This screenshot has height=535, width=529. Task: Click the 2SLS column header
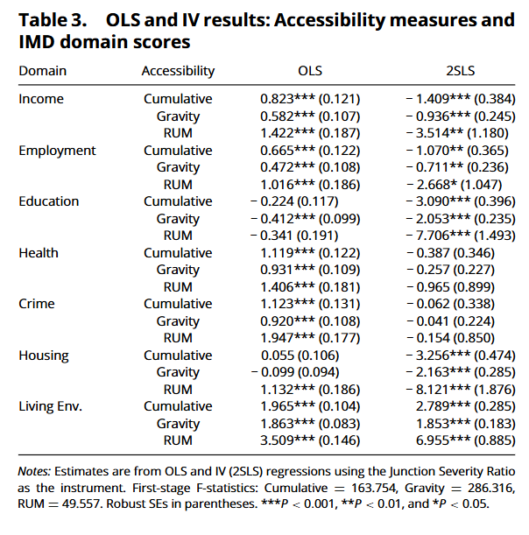[460, 71]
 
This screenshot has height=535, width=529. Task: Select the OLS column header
[310, 71]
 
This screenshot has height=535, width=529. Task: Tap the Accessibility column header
[178, 71]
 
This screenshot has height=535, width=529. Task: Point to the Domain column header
[43, 71]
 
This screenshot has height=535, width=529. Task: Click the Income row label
[41, 99]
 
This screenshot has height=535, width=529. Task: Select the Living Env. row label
[51, 406]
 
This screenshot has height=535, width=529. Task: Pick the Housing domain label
[44, 355]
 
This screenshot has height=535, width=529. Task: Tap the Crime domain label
[37, 304]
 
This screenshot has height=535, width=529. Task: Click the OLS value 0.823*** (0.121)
[310, 99]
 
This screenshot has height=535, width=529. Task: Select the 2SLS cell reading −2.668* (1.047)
[454, 185]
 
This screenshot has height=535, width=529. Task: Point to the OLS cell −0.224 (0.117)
[294, 201]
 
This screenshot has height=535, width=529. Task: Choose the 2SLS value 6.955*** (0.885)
[466, 440]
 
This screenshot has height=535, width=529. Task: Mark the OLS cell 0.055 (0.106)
[300, 355]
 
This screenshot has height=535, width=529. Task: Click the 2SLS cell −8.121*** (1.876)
[461, 390]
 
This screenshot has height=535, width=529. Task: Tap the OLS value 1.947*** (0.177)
[310, 338]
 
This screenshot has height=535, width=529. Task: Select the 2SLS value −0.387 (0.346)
[450, 253]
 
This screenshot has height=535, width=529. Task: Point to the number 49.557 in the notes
[81, 504]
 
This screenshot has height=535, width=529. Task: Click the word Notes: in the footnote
[34, 472]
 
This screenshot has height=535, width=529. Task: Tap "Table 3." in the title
[53, 20]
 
